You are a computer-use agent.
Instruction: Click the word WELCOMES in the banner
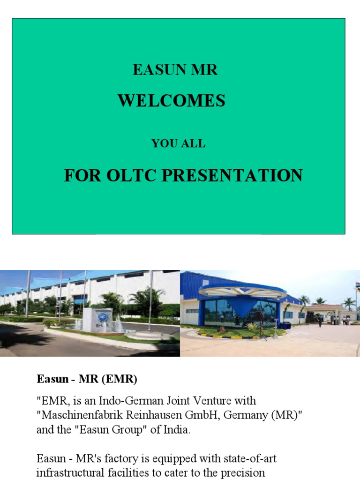click(x=172, y=101)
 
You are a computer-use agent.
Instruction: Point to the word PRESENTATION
click(x=232, y=175)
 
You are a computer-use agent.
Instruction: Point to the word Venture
click(x=214, y=401)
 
